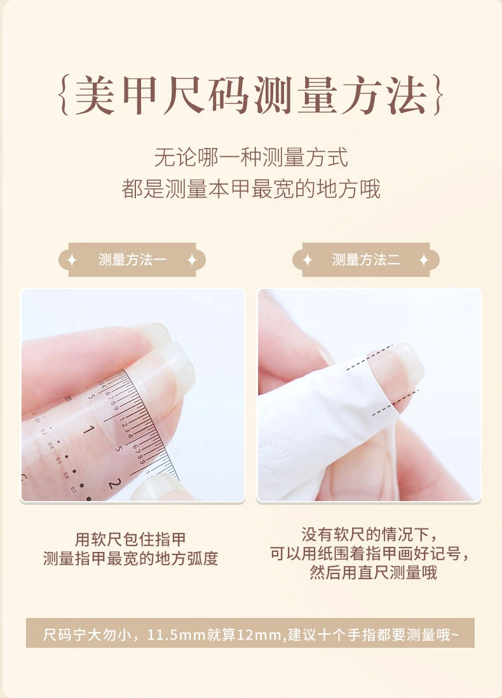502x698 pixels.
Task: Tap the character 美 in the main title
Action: click(95, 95)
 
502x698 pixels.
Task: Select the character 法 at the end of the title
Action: click(407, 95)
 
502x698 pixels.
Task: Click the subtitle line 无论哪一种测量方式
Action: click(251, 157)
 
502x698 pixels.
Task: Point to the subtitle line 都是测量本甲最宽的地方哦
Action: click(251, 188)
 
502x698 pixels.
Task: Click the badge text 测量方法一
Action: click(132, 260)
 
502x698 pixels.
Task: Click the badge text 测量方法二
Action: click(366, 260)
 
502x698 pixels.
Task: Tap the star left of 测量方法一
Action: click(72, 260)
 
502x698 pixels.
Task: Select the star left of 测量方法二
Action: click(307, 260)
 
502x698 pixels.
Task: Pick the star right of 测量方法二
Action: click(424, 260)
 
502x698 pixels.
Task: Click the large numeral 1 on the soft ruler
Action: click(88, 429)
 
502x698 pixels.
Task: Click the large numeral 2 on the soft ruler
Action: click(114, 483)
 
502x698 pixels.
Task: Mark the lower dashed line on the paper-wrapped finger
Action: click(395, 403)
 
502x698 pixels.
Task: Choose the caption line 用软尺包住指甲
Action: click(130, 539)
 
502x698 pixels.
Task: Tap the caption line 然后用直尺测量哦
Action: click(373, 572)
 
